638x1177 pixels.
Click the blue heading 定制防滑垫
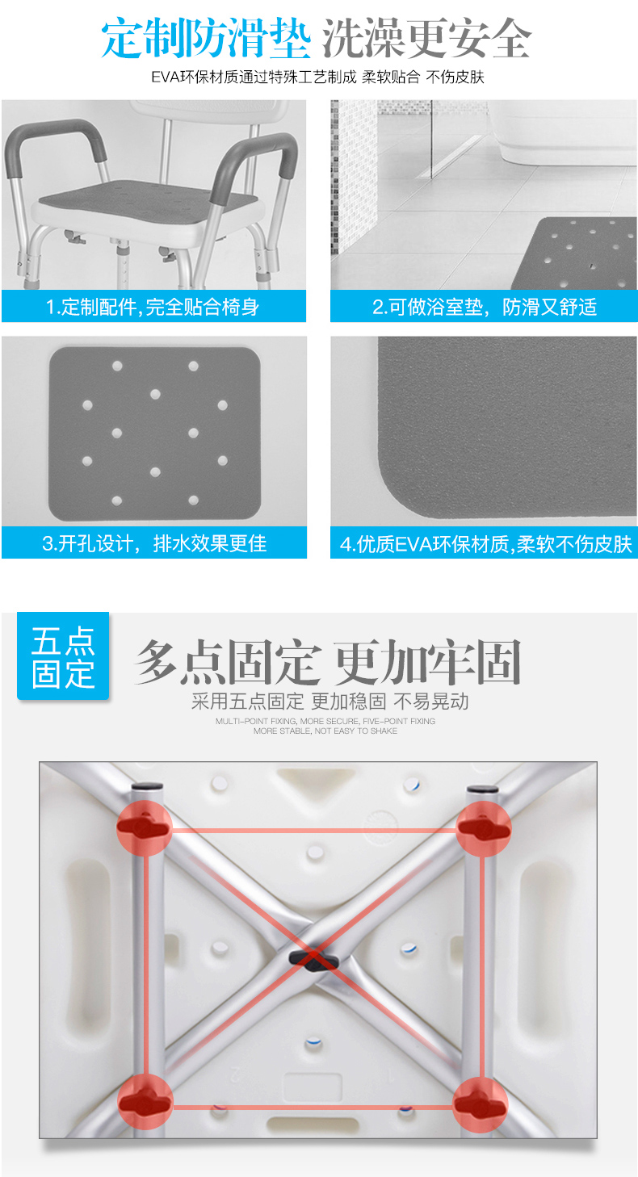click(205, 39)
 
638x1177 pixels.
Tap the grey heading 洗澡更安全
click(426, 39)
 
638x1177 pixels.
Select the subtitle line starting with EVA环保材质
click(317, 77)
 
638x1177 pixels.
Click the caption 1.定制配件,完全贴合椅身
click(153, 307)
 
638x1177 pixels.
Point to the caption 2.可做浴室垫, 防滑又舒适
click(485, 307)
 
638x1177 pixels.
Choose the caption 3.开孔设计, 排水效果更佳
click(154, 543)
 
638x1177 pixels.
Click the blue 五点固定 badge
click(63, 656)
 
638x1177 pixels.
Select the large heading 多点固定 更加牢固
click(327, 662)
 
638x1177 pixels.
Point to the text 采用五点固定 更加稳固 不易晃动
click(329, 702)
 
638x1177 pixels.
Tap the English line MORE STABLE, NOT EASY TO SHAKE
click(325, 731)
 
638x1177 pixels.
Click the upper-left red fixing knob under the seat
click(144, 828)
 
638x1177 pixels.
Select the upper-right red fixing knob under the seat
click(483, 828)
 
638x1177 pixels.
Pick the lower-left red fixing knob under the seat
click(145, 1101)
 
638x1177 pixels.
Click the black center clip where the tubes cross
click(314, 961)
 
